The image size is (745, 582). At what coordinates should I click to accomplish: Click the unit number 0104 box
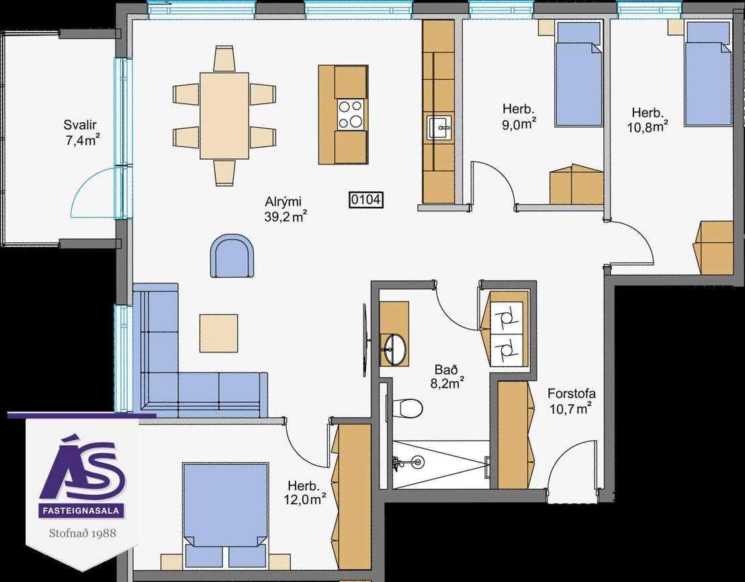click(366, 200)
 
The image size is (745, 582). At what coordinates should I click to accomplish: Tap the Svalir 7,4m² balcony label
click(81, 133)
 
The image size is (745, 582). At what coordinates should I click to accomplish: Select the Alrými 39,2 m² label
click(285, 209)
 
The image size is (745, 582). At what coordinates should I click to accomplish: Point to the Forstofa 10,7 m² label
click(571, 401)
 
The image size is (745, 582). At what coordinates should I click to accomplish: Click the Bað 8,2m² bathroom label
click(447, 377)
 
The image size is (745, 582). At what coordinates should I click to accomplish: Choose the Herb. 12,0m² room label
click(306, 492)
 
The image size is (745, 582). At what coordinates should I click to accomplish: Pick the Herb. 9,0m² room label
click(519, 117)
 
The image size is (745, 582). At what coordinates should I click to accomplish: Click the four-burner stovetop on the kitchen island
click(351, 114)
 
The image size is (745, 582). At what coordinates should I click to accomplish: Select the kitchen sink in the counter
click(441, 128)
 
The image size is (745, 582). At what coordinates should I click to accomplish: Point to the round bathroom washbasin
click(395, 349)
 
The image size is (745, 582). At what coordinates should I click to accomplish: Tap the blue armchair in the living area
click(232, 255)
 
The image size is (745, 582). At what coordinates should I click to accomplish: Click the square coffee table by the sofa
click(218, 333)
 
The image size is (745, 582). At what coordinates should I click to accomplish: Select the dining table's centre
click(224, 116)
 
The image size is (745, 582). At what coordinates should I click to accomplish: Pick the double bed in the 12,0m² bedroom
click(226, 515)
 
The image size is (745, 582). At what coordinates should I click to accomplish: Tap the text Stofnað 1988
click(83, 532)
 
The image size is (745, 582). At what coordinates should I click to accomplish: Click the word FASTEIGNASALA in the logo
click(82, 511)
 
